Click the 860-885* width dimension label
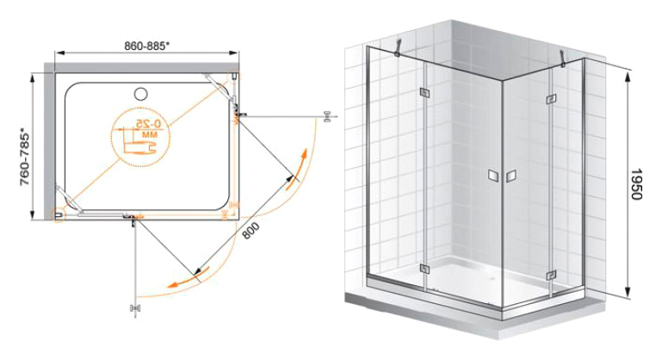tap(147, 46)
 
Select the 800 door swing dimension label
tap(251, 231)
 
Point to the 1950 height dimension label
tap(636, 184)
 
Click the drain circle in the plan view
tap(140, 94)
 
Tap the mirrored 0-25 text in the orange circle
tap(149, 124)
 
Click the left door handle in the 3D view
tap(493, 177)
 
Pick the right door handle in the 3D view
tap(511, 177)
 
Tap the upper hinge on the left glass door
tap(424, 93)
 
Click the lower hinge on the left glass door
tap(424, 269)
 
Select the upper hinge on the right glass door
tap(551, 99)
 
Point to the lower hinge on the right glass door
tap(551, 276)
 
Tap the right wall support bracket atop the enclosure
tap(563, 59)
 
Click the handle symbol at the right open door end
tap(326, 116)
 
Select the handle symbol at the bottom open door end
tap(135, 309)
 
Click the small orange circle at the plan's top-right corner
tap(233, 77)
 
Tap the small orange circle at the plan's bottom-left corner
tap(59, 215)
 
